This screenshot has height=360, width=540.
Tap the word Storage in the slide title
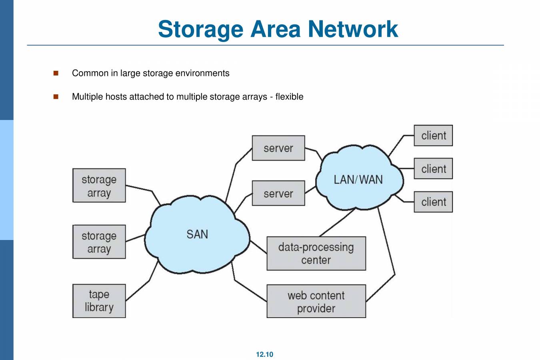(x=200, y=29)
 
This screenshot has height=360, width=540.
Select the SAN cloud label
(x=197, y=234)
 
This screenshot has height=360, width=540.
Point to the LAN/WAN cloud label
(x=358, y=180)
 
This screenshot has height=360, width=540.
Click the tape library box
(x=99, y=301)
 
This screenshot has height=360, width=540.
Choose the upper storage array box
(x=99, y=186)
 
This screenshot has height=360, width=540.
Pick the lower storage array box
(x=99, y=242)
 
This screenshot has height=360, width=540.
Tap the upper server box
(x=278, y=148)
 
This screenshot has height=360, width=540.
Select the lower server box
(x=278, y=194)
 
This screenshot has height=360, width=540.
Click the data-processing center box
(x=316, y=253)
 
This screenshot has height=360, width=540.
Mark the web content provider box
(x=316, y=301)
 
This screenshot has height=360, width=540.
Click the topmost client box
(x=433, y=136)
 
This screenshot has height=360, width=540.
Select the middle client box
(x=433, y=169)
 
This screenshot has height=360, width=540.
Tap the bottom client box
(x=433, y=202)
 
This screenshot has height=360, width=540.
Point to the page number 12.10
(x=264, y=354)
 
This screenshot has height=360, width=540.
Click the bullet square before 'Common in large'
(x=56, y=73)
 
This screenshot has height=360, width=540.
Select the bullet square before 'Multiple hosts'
(x=56, y=97)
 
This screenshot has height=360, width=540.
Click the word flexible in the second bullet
(x=289, y=97)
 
